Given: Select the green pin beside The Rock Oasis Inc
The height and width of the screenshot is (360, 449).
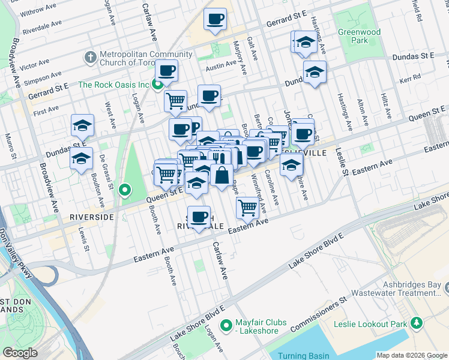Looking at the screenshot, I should [x=158, y=85].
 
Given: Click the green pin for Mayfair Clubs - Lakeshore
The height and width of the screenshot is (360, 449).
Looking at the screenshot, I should [x=226, y=326].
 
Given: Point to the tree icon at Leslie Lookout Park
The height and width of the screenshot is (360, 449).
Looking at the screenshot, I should [x=417, y=324].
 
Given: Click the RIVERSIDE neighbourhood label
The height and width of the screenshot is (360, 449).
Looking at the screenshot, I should [x=91, y=217].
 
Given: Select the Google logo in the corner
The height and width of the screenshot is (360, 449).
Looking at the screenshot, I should [x=20, y=352].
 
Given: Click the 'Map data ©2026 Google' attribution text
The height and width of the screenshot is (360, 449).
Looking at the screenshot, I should [x=412, y=355].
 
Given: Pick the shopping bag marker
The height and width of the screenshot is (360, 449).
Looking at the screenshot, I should [x=221, y=175].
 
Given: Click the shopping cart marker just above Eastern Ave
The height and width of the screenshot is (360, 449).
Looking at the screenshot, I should [x=247, y=208].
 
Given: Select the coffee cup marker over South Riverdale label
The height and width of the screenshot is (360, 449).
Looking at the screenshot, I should [x=199, y=216].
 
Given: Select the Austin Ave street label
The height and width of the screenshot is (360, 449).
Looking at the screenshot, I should [x=217, y=68].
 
